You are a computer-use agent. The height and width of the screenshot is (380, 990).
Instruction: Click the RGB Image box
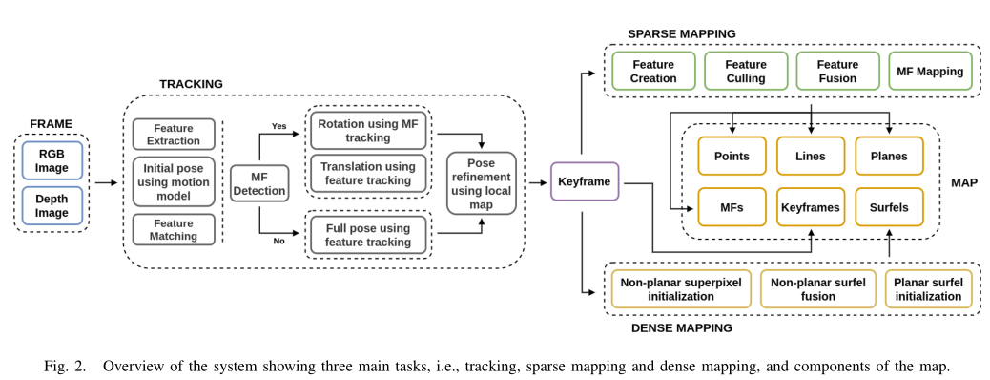pyautogui.click(x=52, y=160)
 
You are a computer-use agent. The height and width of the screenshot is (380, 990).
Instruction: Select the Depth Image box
pyautogui.click(x=52, y=205)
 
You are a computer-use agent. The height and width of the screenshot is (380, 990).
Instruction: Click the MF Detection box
pyautogui.click(x=259, y=182)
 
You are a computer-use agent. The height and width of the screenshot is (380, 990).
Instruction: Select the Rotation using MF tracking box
pyautogui.click(x=367, y=130)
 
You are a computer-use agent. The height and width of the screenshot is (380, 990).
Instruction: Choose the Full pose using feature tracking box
pyautogui.click(x=367, y=235)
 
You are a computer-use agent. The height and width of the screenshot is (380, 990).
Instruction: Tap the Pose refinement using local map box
pyautogui.click(x=482, y=182)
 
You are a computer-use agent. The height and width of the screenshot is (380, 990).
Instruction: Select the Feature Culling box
pyautogui.click(x=746, y=71)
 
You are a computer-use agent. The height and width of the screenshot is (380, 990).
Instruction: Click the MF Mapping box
pyautogui.click(x=931, y=71)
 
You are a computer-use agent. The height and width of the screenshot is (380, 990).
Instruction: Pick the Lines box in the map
pyautogui.click(x=810, y=157)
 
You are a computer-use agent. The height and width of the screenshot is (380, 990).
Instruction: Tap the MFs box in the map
pyautogui.click(x=732, y=206)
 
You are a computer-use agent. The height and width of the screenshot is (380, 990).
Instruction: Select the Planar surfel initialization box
pyautogui.click(x=929, y=289)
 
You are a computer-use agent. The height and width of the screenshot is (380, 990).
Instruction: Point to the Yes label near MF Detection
pyautogui.click(x=279, y=125)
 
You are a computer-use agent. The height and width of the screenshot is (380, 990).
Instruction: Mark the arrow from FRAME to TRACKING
pyautogui.click(x=104, y=182)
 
